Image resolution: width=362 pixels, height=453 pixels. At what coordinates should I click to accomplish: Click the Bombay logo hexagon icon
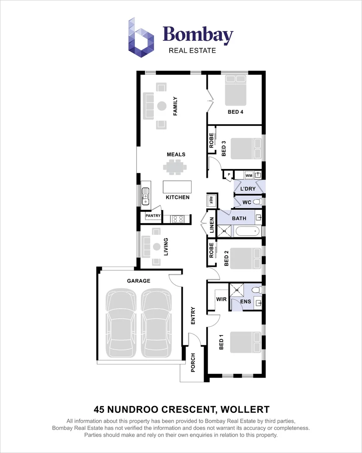click(x=141, y=37)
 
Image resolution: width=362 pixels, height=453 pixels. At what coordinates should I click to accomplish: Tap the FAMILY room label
click(x=176, y=106)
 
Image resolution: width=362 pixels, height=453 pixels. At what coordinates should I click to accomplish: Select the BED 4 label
click(x=235, y=112)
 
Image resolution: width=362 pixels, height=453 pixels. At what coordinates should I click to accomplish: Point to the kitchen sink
click(x=145, y=196)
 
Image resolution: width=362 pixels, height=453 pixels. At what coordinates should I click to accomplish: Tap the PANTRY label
click(x=153, y=216)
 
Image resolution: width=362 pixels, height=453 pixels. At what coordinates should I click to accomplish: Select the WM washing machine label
click(x=248, y=175)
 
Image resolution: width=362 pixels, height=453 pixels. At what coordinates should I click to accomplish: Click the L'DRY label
click(x=248, y=189)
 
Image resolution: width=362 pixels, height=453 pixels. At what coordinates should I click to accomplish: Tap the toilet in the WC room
click(x=258, y=202)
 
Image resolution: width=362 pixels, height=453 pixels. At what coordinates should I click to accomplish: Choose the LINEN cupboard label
click(x=212, y=226)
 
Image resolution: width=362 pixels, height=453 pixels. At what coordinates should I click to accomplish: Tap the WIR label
click(x=221, y=299)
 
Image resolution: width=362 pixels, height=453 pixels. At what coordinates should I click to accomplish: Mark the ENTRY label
click(x=193, y=316)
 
